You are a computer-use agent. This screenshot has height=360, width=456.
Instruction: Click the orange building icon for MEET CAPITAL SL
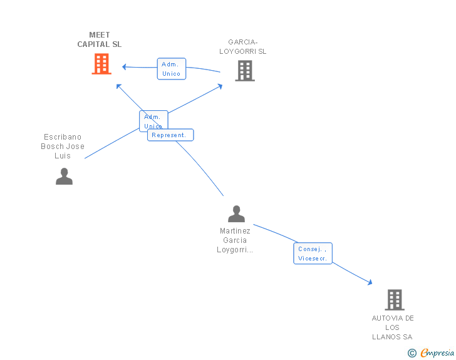pos(101,63)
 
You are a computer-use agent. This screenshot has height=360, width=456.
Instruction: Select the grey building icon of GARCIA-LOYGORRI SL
pos(245,71)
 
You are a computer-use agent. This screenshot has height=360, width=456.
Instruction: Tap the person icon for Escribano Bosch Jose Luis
pos(64,176)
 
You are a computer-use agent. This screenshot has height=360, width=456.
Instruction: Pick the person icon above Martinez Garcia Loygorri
pos(236,214)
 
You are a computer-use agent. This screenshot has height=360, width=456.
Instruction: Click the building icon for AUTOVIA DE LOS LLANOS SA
pos(394,300)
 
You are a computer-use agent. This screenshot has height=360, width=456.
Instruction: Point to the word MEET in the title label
pos(100,35)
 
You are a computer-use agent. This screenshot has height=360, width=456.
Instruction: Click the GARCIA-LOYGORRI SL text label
pos(243,47)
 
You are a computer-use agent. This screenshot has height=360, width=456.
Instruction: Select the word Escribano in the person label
pos(63,137)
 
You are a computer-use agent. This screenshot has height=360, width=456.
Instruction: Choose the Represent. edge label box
pos(170,135)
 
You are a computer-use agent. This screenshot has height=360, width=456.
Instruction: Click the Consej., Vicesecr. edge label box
pos(313,253)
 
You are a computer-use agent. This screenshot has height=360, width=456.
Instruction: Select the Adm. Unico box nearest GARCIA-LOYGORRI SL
pos(171,69)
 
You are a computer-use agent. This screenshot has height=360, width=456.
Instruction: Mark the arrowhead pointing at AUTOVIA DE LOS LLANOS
pos(370,283)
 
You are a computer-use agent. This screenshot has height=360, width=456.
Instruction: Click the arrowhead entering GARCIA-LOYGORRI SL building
pos(219,86)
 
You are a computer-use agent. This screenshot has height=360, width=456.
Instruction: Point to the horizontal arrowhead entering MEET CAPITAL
pos(125,66)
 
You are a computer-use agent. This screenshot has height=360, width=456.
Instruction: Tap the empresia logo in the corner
pos(437,352)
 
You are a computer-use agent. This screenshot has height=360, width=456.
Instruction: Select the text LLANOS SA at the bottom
pos(393,337)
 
